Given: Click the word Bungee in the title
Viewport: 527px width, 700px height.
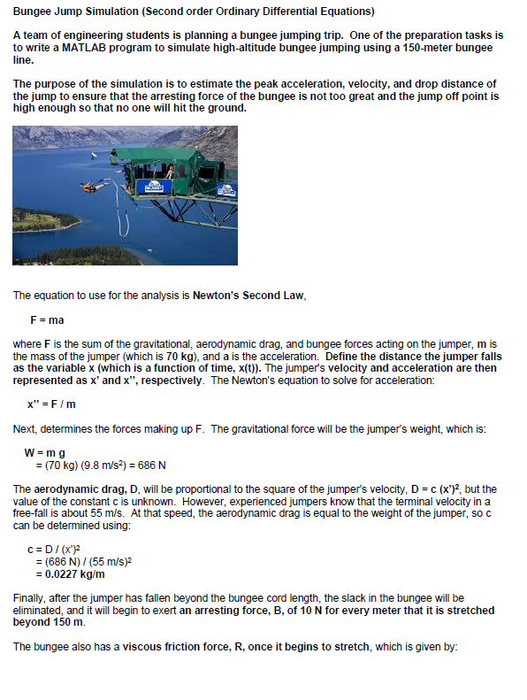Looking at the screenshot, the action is pos(33,11).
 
